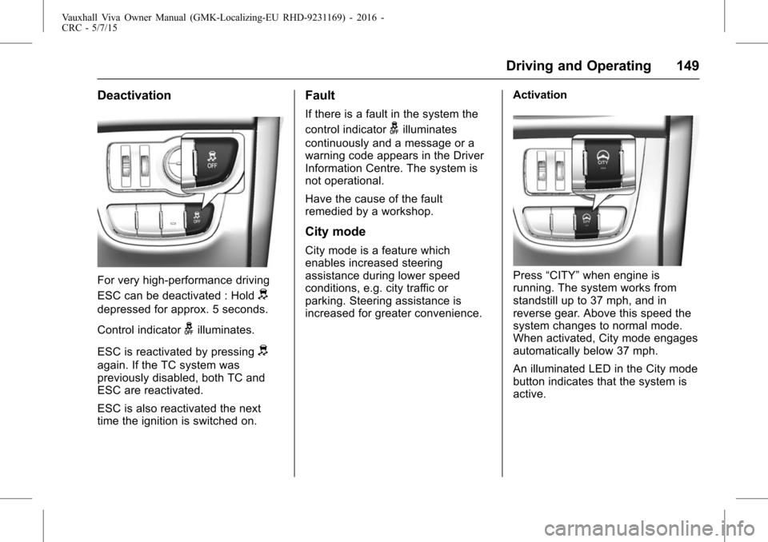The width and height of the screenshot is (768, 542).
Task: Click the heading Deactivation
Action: pos(134,96)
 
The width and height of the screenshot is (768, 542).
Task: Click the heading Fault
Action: pos(320,96)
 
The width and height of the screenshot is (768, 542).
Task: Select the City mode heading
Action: pos(335,232)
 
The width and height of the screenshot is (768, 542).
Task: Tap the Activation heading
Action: pos(540,95)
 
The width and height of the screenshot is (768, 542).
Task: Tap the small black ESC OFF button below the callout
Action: pos(194,217)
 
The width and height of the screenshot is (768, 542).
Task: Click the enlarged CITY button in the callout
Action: pos(602,157)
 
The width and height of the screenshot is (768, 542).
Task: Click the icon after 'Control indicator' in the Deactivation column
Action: pos(189,329)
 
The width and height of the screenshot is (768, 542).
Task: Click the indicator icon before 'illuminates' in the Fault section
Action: pos(394,129)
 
